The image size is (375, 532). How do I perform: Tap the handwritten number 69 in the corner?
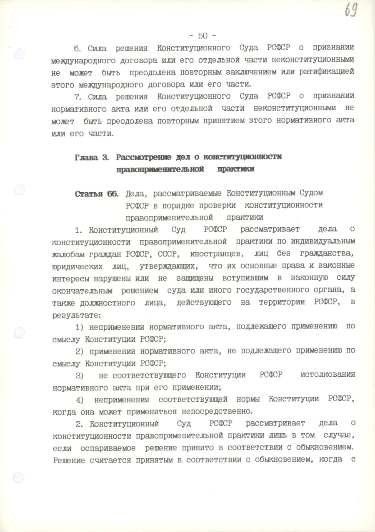tap(351, 10)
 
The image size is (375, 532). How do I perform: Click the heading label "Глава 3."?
tap(92, 157)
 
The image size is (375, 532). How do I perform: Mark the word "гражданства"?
tap(328, 254)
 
